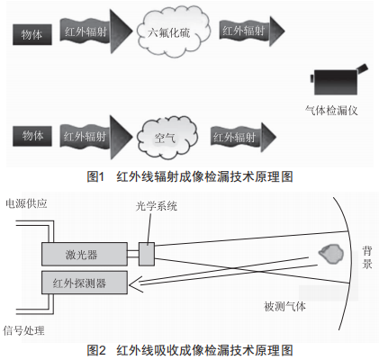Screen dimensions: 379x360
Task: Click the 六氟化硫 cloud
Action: click(174, 31)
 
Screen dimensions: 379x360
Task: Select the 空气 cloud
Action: click(167, 137)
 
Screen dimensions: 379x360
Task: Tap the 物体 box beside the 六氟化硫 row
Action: click(32, 35)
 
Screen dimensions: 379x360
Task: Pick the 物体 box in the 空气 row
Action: click(32, 136)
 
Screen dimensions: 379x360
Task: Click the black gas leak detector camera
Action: click(338, 80)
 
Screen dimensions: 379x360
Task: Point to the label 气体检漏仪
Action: click(331, 111)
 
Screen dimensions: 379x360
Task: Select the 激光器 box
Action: click(85, 255)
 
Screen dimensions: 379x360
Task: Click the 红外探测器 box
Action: click(85, 283)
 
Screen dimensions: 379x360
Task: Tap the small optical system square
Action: click(147, 254)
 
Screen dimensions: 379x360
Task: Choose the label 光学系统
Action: click(156, 206)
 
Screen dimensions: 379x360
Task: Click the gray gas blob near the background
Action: click(331, 254)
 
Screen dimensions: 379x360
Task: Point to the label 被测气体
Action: click(284, 306)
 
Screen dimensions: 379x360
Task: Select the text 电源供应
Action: click(26, 203)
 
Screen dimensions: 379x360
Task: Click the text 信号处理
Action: click(23, 330)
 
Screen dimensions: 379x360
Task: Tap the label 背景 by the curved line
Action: click(367, 257)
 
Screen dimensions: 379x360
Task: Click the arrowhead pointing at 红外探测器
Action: click(134, 284)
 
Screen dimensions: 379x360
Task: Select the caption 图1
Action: click(95, 176)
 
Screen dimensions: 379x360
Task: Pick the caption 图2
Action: click(96, 350)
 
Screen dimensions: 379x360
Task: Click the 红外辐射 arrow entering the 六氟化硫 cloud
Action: click(96, 31)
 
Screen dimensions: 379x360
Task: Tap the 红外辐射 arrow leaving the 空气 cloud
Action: click(243, 137)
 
